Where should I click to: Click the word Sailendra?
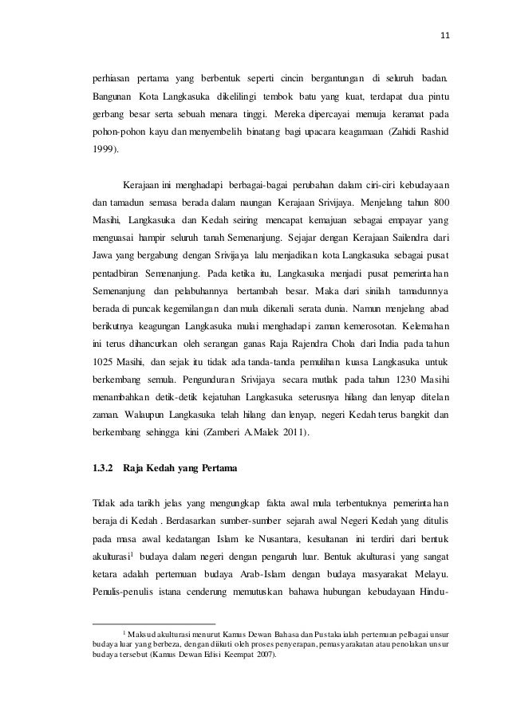click(x=398, y=238)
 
